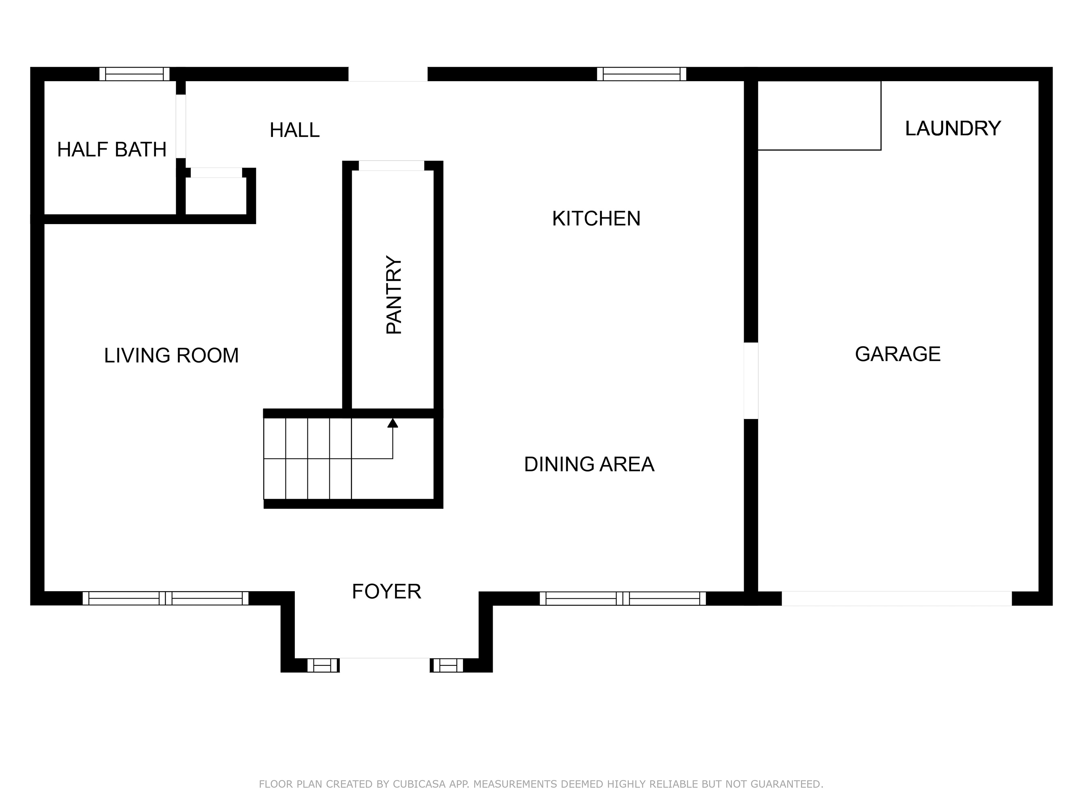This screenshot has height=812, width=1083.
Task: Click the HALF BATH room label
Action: [x=112, y=149]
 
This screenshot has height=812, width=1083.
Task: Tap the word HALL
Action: [x=294, y=130]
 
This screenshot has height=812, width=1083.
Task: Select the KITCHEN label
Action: [x=596, y=219]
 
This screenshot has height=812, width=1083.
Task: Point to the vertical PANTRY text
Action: [x=393, y=295]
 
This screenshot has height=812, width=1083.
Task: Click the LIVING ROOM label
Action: [x=171, y=355]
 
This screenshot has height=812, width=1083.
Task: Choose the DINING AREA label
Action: [x=589, y=464]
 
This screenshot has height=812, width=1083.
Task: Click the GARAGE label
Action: [x=897, y=354]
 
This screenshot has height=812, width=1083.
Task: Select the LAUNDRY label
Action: [x=952, y=128]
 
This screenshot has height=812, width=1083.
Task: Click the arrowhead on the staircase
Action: [x=393, y=423]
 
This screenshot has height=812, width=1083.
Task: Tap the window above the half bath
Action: [x=135, y=74]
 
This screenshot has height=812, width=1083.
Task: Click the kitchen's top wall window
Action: [x=641, y=74]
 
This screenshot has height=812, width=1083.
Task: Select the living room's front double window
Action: [x=166, y=598]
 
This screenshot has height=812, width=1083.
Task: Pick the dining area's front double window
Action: [x=622, y=598]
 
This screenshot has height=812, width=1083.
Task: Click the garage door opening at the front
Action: [x=897, y=598]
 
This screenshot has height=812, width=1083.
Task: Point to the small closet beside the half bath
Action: [x=216, y=196]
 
